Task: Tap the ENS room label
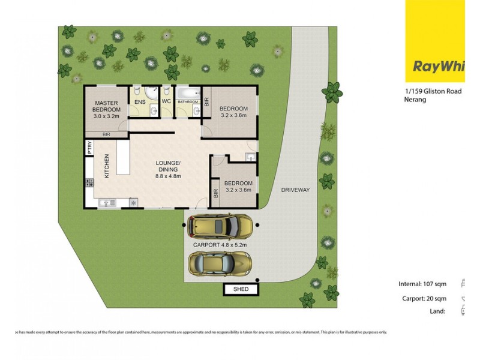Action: tap(139, 103)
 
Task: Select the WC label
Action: tap(166, 102)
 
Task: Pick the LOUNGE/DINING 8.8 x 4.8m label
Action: tap(168, 170)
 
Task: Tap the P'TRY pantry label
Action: tap(89, 148)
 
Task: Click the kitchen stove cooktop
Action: tap(133, 203)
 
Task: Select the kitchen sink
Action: tap(109, 203)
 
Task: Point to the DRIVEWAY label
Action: tap(295, 190)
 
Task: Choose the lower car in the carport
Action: tap(220, 263)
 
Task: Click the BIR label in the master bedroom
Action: tap(106, 134)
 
